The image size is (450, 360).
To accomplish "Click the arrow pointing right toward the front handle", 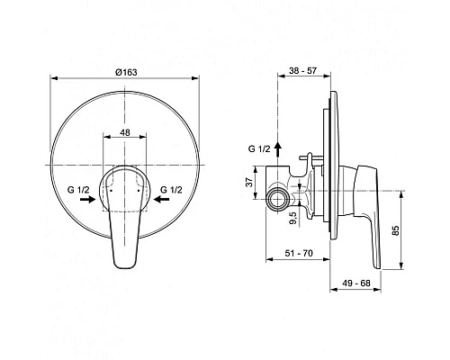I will (x=85, y=202).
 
